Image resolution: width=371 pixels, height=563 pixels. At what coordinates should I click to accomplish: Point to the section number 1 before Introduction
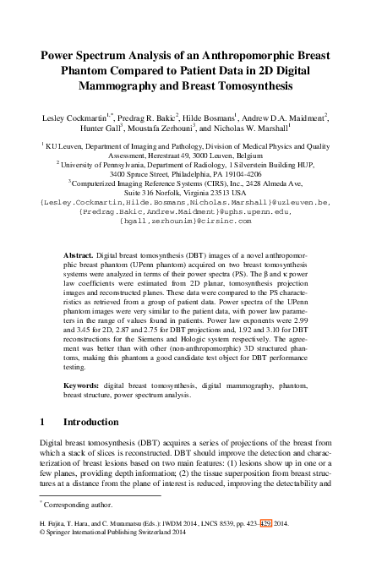coord(43,421)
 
